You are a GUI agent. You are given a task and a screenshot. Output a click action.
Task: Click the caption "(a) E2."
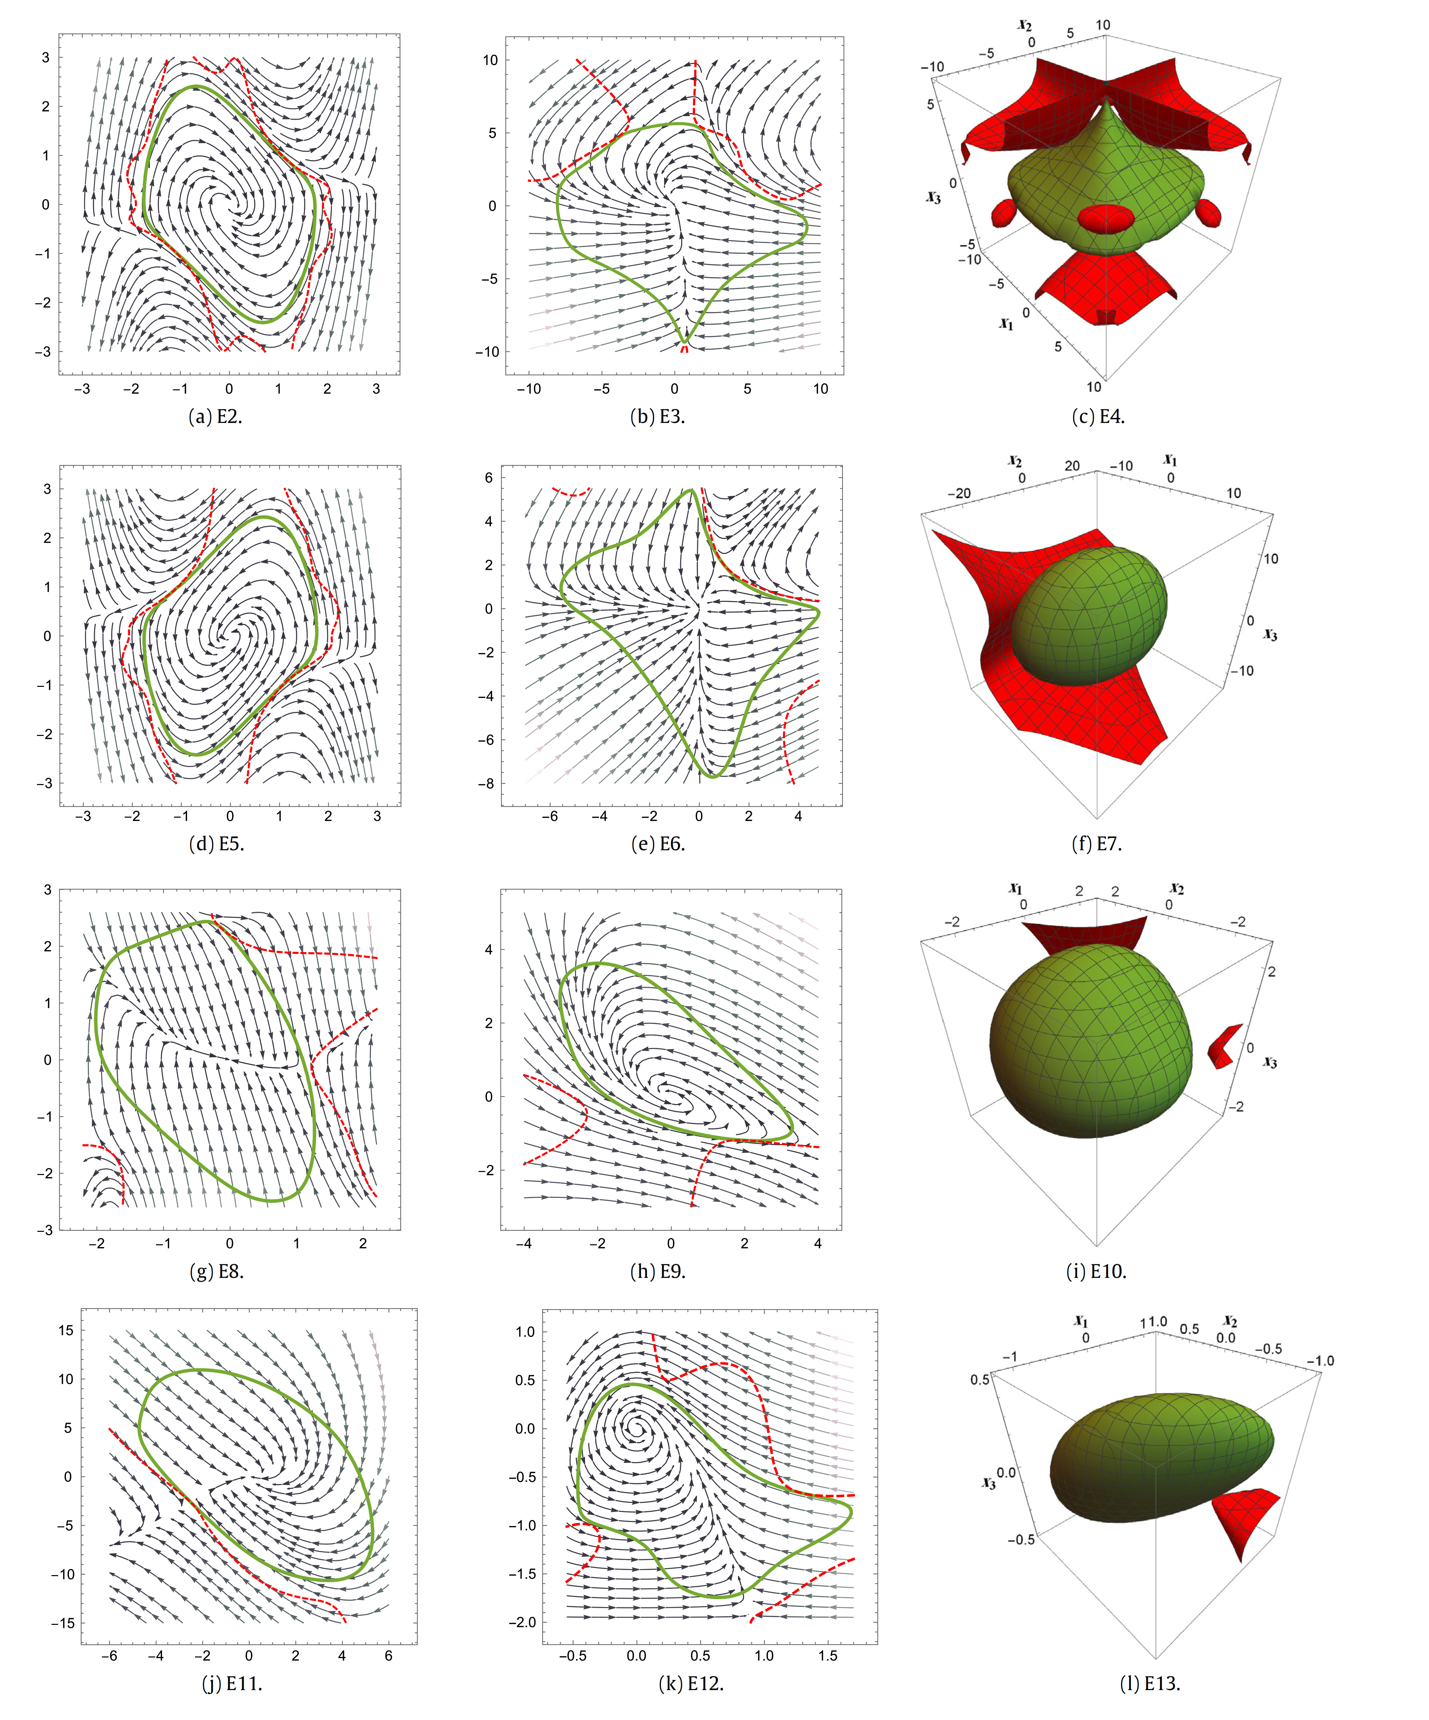[216, 416]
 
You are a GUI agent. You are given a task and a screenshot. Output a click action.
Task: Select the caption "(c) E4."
[1098, 416]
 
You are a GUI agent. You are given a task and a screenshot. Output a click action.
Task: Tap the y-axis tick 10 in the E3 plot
[490, 60]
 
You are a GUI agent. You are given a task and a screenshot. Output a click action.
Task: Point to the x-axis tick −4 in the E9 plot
[524, 1243]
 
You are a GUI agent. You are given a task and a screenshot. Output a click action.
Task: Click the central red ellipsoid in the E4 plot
[1106, 220]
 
